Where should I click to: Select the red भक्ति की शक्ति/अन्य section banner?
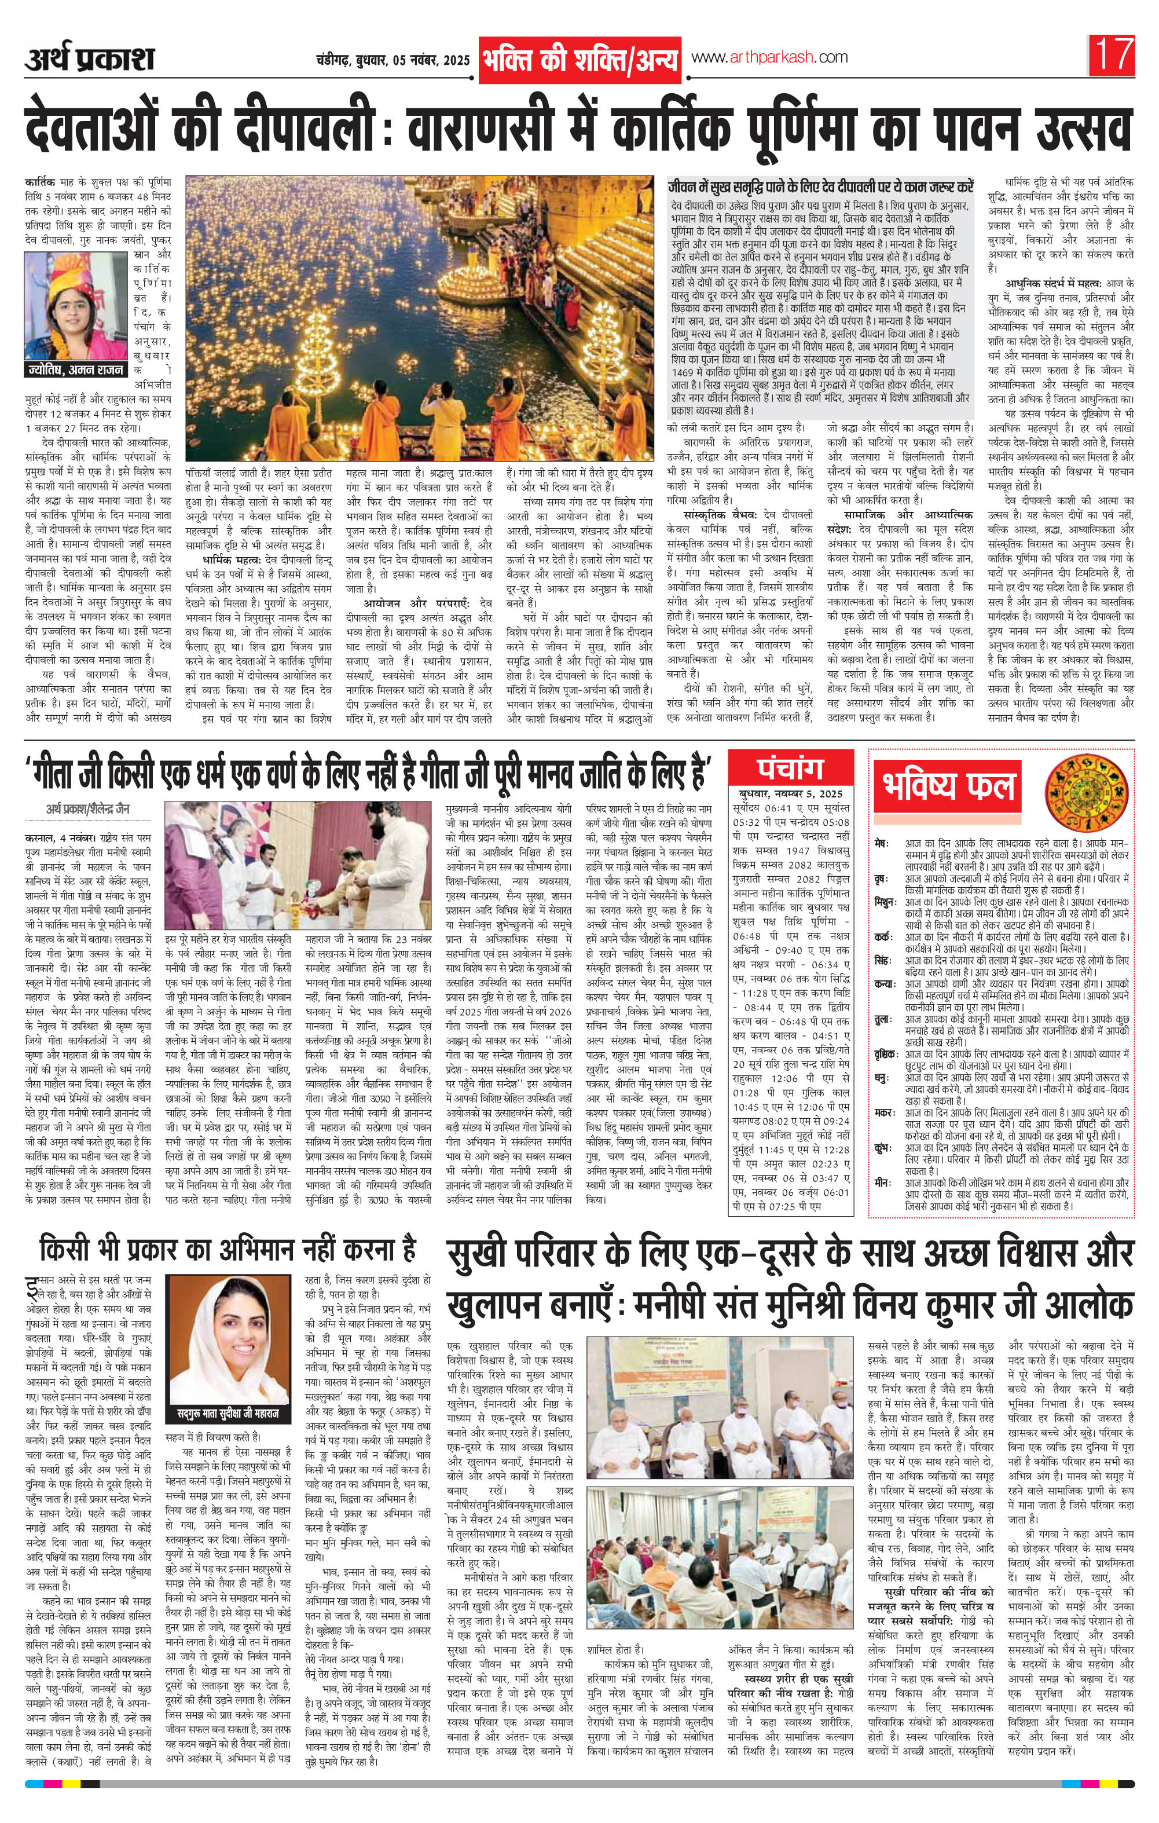click(580, 60)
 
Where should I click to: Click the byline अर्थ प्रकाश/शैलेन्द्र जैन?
click(86, 810)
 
